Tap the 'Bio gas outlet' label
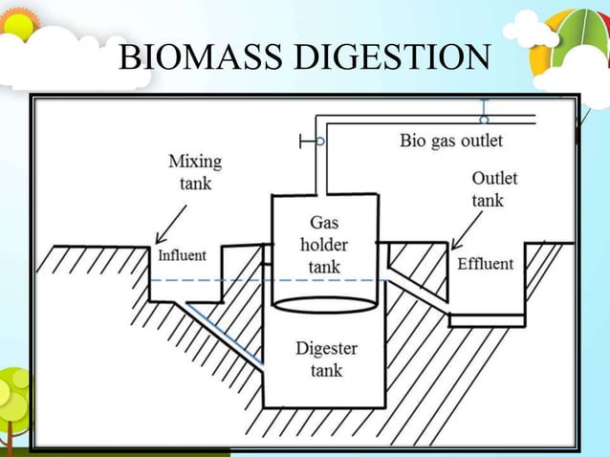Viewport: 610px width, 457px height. (x=450, y=141)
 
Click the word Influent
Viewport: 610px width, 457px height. (x=182, y=255)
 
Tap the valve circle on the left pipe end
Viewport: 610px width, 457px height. (x=319, y=141)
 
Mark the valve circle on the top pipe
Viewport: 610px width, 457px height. (x=485, y=120)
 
